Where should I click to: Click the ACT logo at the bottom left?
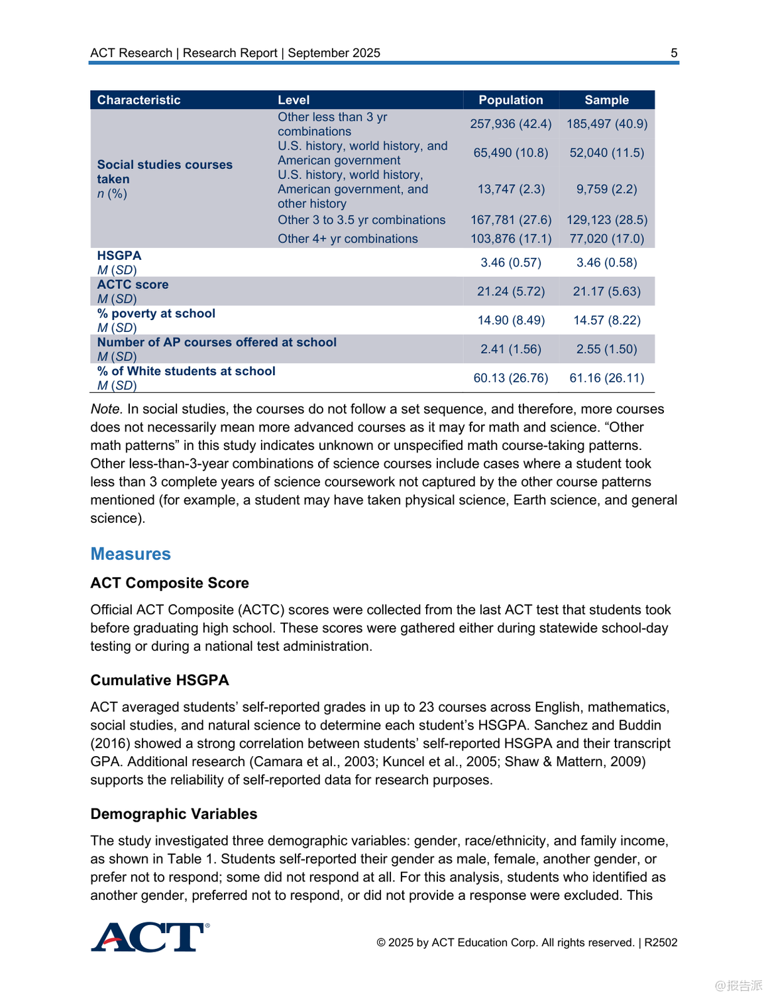[x=150, y=937]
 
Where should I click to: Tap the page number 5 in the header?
[x=674, y=53]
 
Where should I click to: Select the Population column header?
[x=510, y=100]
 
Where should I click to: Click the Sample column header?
[x=606, y=100]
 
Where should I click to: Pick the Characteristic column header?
[x=138, y=100]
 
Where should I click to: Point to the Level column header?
[x=294, y=100]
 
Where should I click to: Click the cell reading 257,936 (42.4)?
[x=510, y=124]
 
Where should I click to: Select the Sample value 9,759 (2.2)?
[x=606, y=190]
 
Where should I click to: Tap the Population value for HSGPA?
[x=510, y=263]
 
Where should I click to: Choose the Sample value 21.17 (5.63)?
[x=606, y=292]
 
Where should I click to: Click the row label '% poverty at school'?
[x=156, y=313]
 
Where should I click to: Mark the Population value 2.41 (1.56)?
[x=510, y=349]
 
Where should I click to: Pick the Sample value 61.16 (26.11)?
[x=606, y=378]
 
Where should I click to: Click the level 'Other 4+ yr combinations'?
[x=347, y=239]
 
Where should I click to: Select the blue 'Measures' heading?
[x=131, y=554]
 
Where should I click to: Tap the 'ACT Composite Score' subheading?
[x=170, y=583]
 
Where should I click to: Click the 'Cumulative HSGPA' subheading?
[x=160, y=681]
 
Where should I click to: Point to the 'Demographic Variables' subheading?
[x=174, y=814]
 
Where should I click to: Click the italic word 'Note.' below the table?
[x=106, y=410]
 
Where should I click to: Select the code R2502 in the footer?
[x=661, y=942]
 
